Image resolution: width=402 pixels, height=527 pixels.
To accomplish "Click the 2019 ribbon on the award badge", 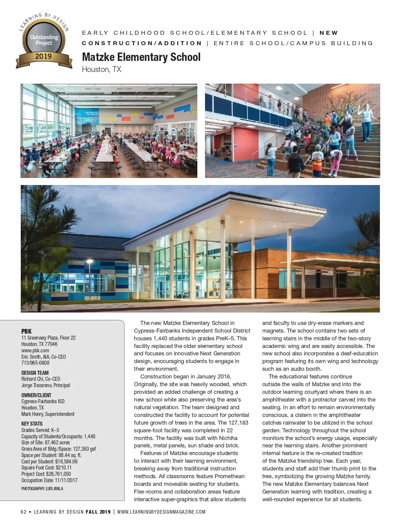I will click(44, 57).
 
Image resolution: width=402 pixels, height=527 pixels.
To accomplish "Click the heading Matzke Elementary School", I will click(141, 57).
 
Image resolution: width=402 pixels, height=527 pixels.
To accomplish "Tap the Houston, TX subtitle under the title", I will click(102, 70).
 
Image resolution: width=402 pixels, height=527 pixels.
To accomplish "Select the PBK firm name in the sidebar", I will click(26, 331).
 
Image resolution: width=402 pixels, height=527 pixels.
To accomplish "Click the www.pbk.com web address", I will click(35, 350).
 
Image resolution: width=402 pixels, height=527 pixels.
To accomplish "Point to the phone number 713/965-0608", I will click(35, 363).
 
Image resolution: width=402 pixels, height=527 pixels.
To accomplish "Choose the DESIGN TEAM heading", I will click(35, 373).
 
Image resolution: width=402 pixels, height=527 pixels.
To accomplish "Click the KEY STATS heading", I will click(32, 424).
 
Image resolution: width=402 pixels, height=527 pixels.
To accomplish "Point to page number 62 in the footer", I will click(23, 512).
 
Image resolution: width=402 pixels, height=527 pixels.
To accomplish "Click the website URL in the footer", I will click(161, 512).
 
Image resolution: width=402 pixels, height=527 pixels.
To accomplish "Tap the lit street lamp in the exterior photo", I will click(89, 262).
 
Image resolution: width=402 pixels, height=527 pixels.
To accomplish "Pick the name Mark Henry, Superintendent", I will click(48, 414).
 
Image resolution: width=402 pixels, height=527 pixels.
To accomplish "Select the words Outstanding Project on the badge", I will click(44, 40).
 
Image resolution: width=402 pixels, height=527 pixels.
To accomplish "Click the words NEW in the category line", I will click(329, 33).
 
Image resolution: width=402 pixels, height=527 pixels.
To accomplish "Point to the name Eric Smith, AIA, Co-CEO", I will click(44, 357).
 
